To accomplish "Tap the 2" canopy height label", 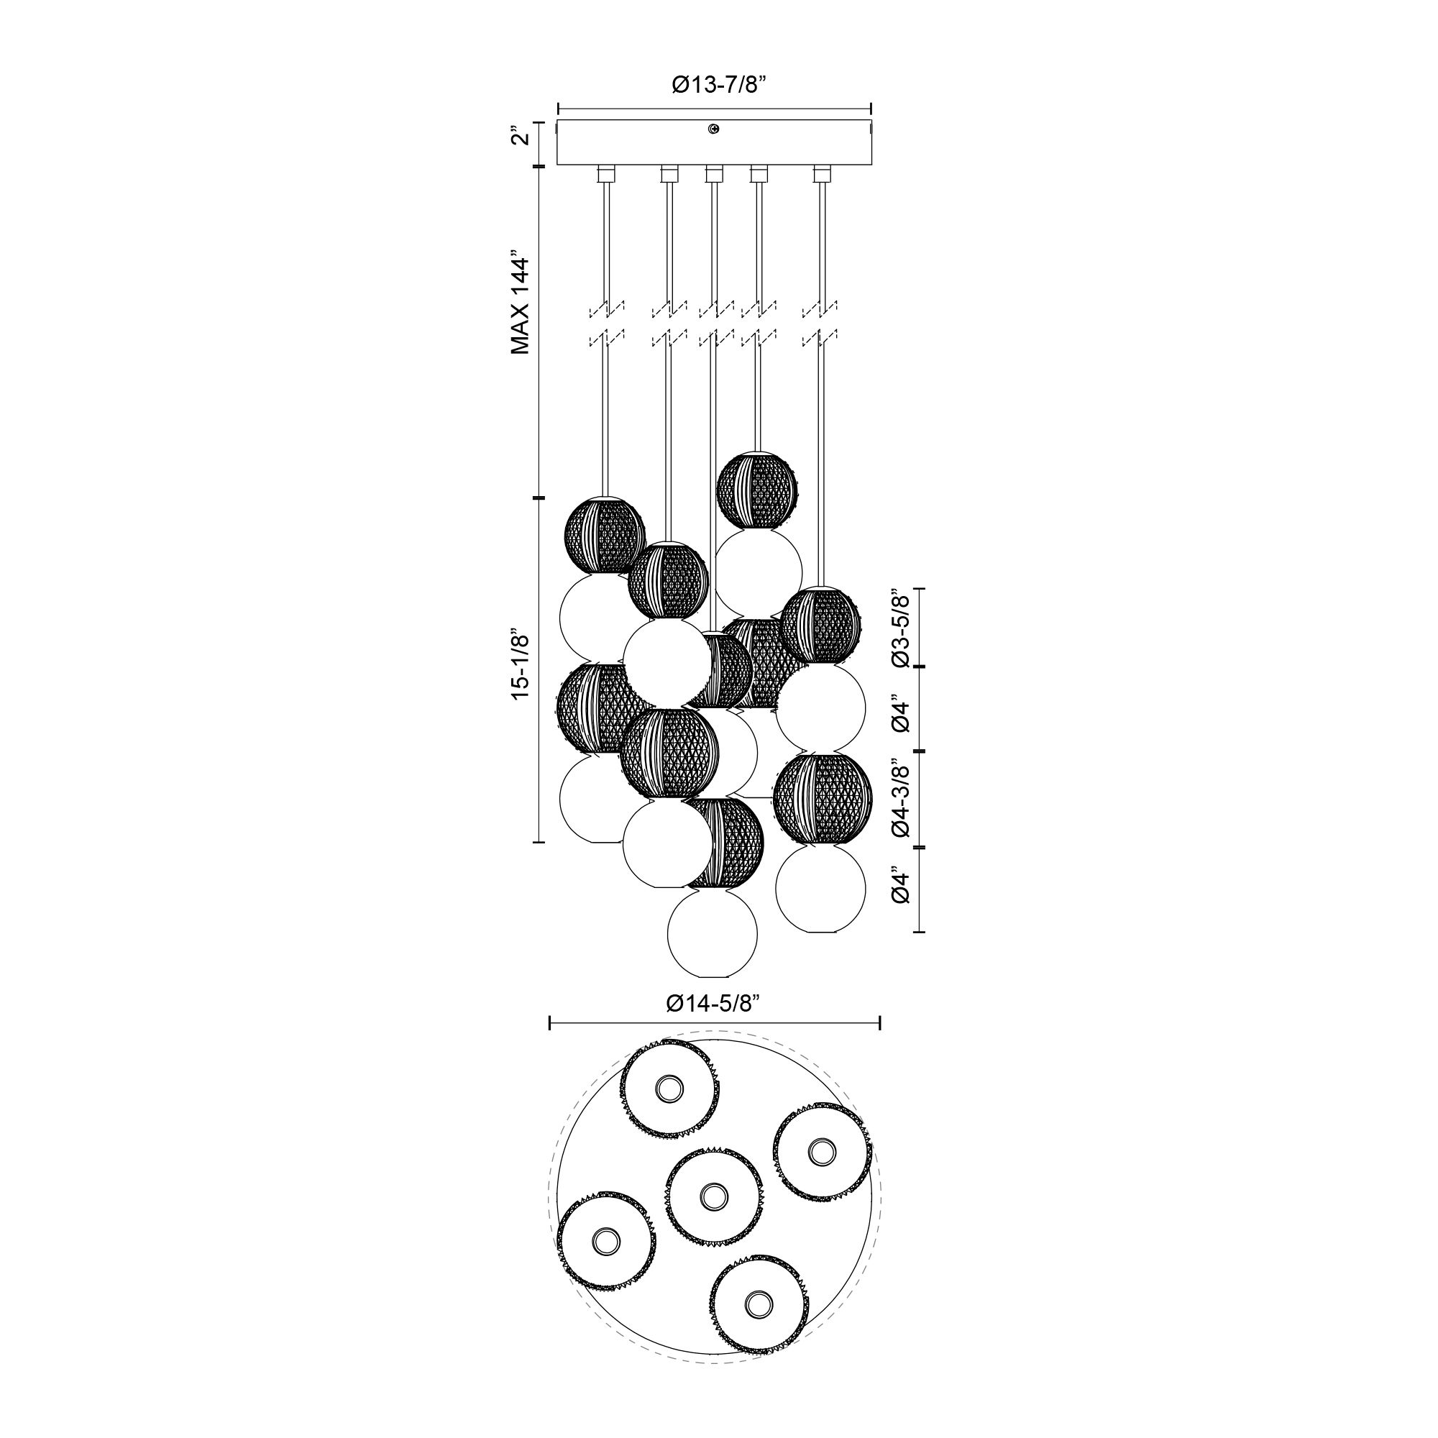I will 523,139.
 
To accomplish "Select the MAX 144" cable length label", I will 521,305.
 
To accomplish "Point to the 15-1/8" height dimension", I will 521,664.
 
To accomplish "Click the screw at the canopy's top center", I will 714,129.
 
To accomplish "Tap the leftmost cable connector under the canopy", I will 606,174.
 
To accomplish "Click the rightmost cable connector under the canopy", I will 822,174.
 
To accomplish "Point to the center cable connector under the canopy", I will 714,174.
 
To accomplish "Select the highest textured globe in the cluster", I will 758,490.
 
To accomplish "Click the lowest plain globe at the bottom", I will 713,935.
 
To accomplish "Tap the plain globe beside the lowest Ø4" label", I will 820,888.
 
